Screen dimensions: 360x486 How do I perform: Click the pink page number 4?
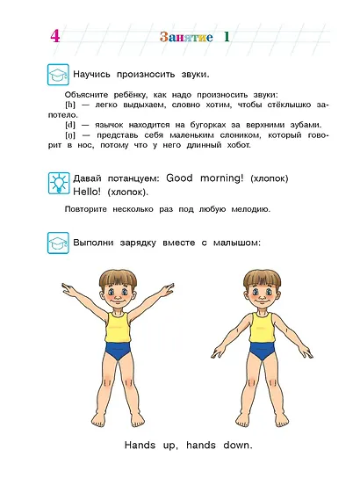(55, 36)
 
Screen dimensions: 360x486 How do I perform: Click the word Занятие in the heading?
(187, 37)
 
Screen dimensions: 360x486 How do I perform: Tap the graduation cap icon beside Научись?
(58, 75)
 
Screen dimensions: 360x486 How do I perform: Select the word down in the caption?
(237, 446)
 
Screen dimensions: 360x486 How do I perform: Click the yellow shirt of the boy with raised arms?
(118, 327)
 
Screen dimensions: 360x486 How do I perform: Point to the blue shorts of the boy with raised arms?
(118, 352)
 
